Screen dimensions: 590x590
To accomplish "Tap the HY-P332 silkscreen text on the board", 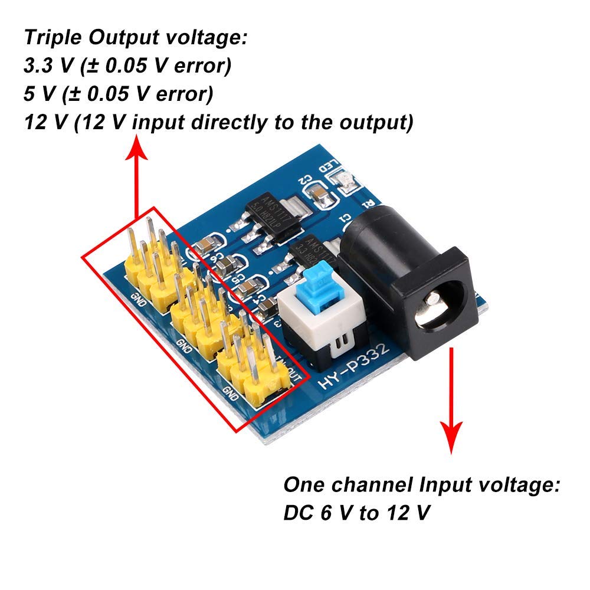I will [353, 369].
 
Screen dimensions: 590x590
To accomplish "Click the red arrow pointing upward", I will [137, 177].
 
